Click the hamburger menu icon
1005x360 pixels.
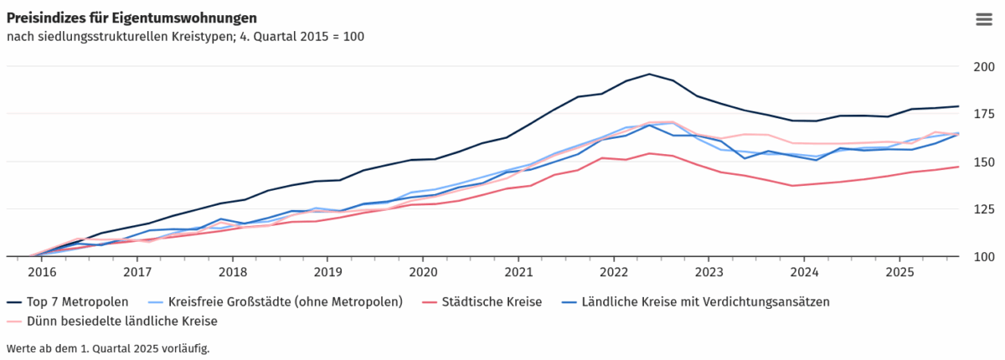pos(983,20)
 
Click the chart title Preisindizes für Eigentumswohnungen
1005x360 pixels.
pos(131,18)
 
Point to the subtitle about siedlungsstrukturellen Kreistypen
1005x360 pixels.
pos(184,37)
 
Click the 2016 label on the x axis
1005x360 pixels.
pos(42,272)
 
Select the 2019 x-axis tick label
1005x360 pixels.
pos(327,272)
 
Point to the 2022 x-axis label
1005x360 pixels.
pos(614,272)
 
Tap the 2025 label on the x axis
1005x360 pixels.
pos(899,272)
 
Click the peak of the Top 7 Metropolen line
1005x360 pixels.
pos(649,74)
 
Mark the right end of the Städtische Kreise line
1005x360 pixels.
pos(958,167)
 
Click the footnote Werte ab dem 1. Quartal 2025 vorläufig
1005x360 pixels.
pos(107,347)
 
